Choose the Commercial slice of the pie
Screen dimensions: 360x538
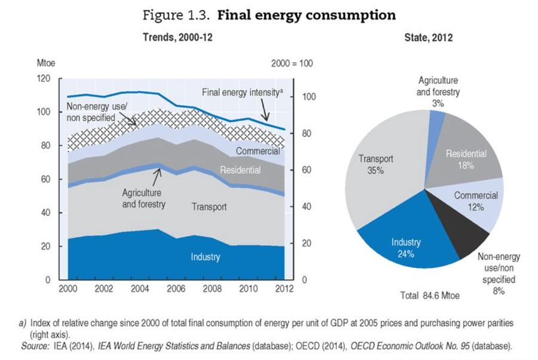pyautogui.click(x=478, y=200)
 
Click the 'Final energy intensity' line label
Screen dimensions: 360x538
pyautogui.click(x=242, y=92)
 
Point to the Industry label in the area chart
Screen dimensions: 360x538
pyautogui.click(x=205, y=257)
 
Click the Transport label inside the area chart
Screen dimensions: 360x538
pyautogui.click(x=209, y=207)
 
